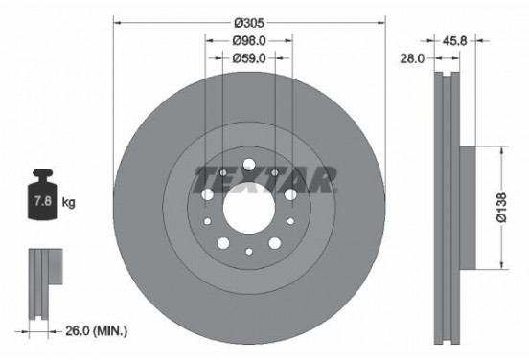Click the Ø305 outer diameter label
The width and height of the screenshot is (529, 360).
(x=249, y=23)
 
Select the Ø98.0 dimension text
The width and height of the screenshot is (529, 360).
(x=249, y=41)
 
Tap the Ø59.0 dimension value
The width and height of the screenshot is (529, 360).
(x=249, y=58)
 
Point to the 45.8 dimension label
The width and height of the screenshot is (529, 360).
(x=454, y=41)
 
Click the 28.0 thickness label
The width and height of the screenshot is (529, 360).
(x=412, y=58)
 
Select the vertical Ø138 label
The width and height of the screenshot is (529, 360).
(x=501, y=208)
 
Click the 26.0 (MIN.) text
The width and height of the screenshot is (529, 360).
(x=97, y=331)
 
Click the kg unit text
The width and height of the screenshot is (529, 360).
(x=68, y=203)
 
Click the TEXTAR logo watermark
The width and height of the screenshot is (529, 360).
(x=264, y=180)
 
